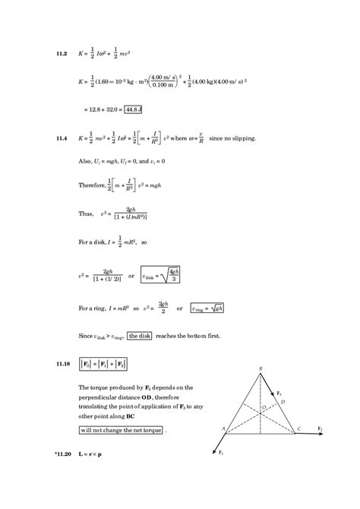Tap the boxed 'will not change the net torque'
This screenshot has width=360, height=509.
click(122, 430)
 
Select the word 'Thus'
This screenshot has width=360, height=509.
click(86, 214)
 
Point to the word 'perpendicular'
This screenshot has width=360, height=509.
click(99, 398)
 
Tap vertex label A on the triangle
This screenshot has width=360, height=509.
click(224, 428)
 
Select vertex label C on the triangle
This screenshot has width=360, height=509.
click(298, 429)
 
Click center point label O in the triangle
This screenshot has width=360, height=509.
click(264, 407)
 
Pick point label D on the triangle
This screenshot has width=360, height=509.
click(283, 402)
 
